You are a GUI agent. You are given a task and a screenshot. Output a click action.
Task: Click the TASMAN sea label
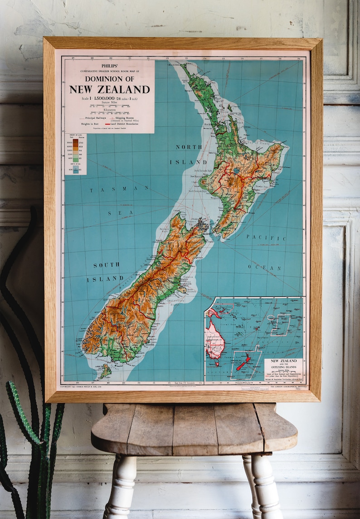tap(113, 189)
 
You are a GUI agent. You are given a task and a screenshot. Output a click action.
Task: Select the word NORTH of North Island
tap(189, 147)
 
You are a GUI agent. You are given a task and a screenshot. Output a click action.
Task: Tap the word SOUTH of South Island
tap(107, 265)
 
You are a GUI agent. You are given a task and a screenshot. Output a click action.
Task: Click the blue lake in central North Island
tap(237, 171)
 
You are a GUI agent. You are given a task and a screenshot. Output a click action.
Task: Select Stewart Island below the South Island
tap(105, 371)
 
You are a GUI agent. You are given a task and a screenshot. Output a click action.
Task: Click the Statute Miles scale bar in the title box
tap(109, 106)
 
